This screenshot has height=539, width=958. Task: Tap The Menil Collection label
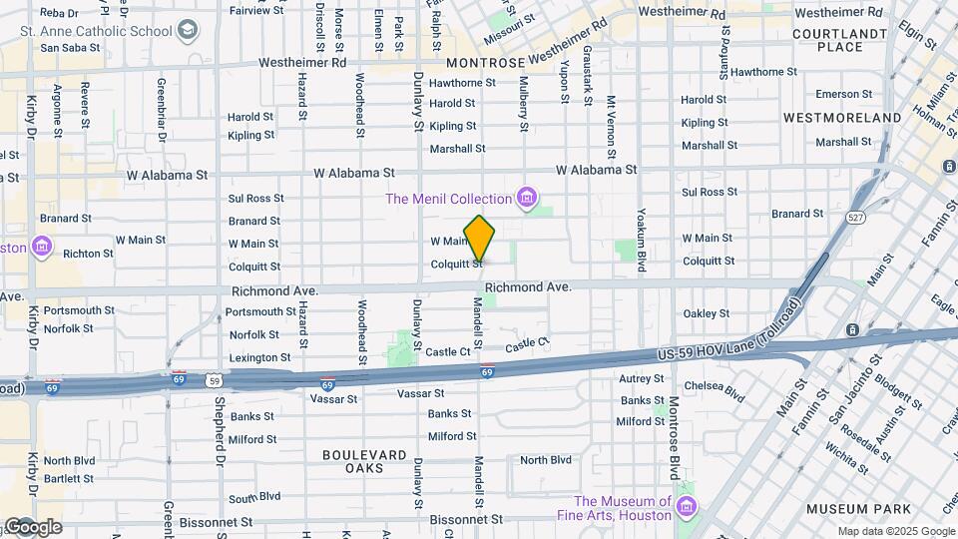tap(448, 198)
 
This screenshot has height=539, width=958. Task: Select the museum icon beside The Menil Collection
tap(525, 198)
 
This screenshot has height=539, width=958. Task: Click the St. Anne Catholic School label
tap(96, 30)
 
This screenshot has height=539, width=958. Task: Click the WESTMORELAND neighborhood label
tap(842, 118)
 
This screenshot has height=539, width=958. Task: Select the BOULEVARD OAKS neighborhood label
tap(364, 461)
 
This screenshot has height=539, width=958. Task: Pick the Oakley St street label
tap(708, 313)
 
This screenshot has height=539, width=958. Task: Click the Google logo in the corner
tap(34, 526)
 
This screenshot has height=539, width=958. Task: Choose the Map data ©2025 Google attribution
tap(895, 532)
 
